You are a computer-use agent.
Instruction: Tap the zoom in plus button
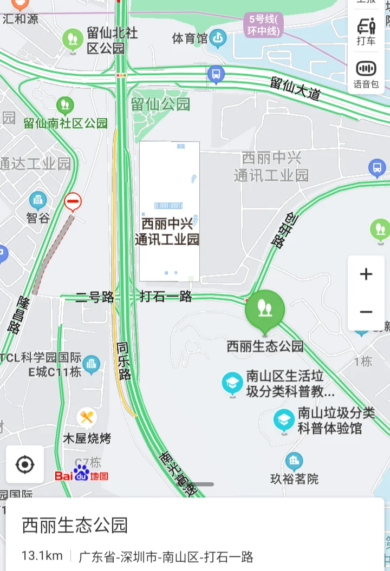[x=366, y=274]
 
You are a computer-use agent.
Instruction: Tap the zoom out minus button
[x=366, y=312]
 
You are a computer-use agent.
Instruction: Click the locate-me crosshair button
[x=25, y=464]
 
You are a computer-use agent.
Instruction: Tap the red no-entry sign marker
[x=73, y=202]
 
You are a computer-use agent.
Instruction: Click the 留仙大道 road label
[x=295, y=88]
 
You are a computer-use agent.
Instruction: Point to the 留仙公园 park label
[x=160, y=103]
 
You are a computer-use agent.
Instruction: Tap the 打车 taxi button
[x=366, y=31]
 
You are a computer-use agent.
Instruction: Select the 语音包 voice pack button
[x=366, y=74]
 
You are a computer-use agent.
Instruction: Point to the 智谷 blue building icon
[x=38, y=201]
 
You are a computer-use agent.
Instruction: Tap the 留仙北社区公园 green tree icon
[x=73, y=39]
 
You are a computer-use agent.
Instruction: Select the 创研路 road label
[x=285, y=229]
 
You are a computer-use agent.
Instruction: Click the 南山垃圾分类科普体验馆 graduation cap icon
[x=284, y=420]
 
